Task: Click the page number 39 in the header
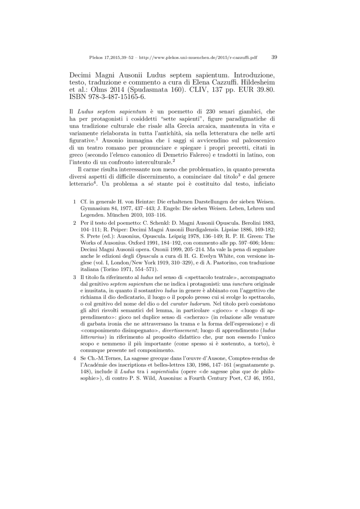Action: tap(274, 58)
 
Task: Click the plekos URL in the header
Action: tap(198, 58)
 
